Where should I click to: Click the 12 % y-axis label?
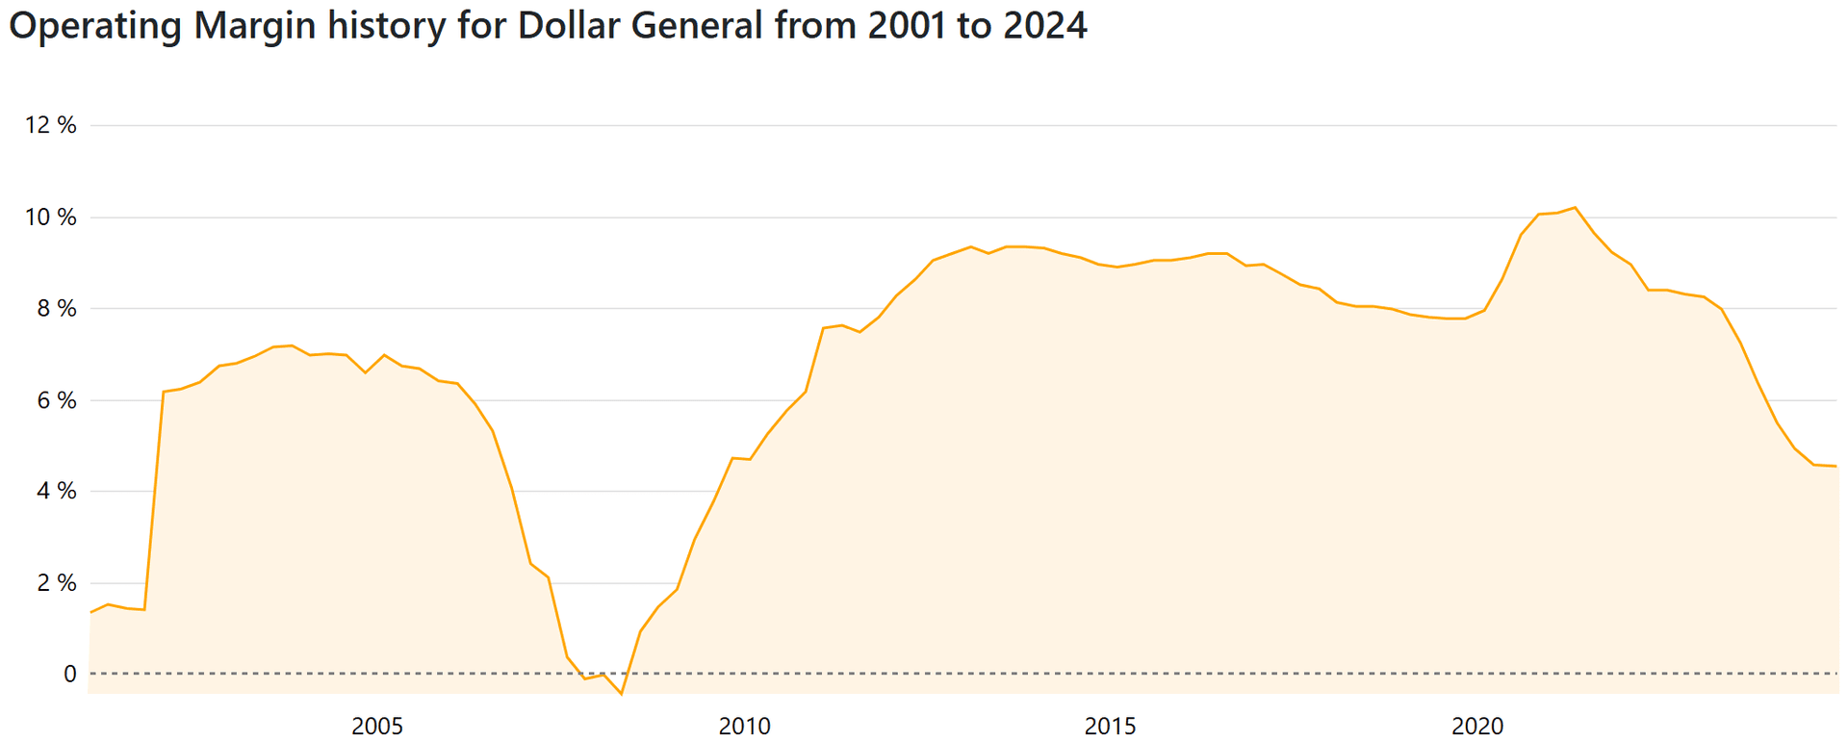[x=51, y=125]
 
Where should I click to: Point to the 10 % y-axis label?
[x=51, y=217]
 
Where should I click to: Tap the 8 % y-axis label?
[x=56, y=309]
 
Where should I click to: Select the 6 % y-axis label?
[x=56, y=400]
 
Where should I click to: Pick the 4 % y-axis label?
[x=56, y=491]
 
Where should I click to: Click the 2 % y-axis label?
[x=56, y=583]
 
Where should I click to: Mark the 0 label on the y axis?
[x=69, y=674]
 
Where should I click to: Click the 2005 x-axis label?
[x=377, y=726]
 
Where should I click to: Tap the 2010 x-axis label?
[x=744, y=726]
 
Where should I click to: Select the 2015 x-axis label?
[x=1111, y=726]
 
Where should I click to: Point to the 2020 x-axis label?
[x=1477, y=726]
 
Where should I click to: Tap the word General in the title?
[x=697, y=25]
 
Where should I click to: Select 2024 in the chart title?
[x=1045, y=25]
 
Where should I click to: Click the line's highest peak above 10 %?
[x=1575, y=207]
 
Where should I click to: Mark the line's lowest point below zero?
[x=622, y=694]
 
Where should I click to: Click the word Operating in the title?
[x=95, y=25]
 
